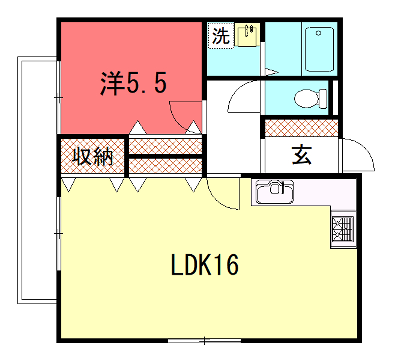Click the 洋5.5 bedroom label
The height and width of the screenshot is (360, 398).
click(132, 83)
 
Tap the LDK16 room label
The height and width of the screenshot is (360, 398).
click(203, 265)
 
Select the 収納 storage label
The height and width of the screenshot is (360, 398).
click(91, 157)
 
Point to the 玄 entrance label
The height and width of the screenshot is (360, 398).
click(301, 155)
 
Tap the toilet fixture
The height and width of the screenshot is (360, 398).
click(311, 98)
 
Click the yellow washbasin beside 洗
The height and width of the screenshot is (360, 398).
click(248, 36)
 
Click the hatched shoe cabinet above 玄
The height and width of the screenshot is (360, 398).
click(300, 127)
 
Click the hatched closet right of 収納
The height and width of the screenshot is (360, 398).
click(165, 156)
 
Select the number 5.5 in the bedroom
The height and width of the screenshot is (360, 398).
click(146, 83)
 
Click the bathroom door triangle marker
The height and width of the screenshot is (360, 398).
click(271, 69)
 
